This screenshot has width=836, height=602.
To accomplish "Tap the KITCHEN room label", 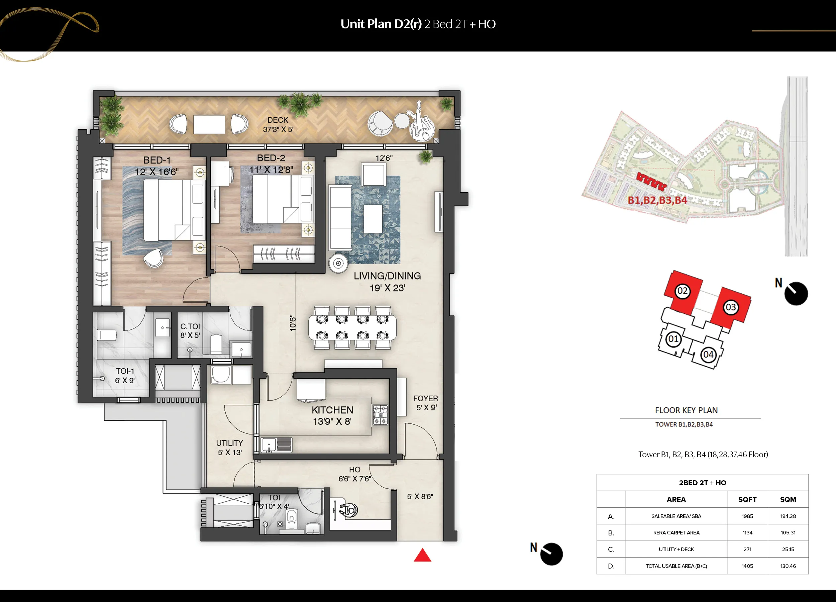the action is click(332, 410).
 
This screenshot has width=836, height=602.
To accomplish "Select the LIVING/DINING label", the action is click(387, 276).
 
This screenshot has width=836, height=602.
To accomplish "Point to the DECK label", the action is click(278, 120).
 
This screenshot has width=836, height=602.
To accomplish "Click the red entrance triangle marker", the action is click(422, 556).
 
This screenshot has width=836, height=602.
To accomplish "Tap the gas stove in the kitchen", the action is click(380, 415).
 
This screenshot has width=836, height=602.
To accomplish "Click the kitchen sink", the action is click(277, 445).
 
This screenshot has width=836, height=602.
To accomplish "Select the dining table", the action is click(352, 327).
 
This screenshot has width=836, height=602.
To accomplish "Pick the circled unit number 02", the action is click(682, 291).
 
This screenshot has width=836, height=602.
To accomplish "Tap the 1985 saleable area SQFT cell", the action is click(747, 516).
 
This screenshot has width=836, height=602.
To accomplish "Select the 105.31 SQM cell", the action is click(788, 533).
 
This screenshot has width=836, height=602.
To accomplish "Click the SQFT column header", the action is click(747, 500).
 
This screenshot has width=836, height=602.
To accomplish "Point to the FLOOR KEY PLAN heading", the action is click(686, 410).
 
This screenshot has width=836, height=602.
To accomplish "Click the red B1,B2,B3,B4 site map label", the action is click(657, 200).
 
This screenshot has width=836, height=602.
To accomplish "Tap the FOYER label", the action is click(425, 399).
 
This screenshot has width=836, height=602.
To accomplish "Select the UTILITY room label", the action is click(229, 443).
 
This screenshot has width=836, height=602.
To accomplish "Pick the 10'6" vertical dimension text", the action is click(293, 323).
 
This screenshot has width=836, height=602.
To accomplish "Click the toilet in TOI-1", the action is click(107, 335).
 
